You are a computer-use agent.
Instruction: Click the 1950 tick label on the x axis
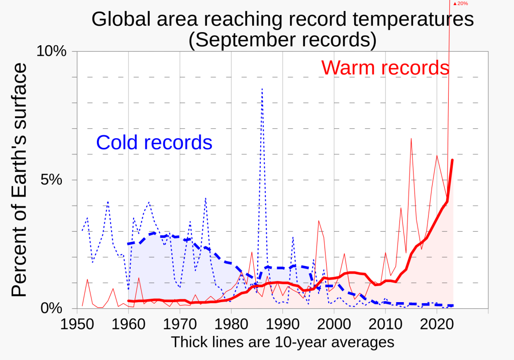coord(77,322)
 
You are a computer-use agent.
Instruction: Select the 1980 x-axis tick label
coord(231,322)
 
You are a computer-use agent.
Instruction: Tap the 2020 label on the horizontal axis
coord(437,322)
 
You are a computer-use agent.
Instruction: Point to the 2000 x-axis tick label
coord(334,322)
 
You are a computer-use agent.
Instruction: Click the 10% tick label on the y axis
coord(52,51)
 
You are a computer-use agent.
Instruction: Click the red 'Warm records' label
coord(385,67)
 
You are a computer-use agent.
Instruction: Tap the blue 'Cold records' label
coord(154,142)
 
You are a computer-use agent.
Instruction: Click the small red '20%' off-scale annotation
coord(460,4)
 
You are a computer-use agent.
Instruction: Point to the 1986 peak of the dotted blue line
coord(262,89)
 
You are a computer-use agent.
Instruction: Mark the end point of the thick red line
coord(453,160)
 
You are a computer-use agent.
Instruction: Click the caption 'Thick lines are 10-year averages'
coord(282,342)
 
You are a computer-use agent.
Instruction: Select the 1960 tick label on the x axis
coord(129,322)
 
